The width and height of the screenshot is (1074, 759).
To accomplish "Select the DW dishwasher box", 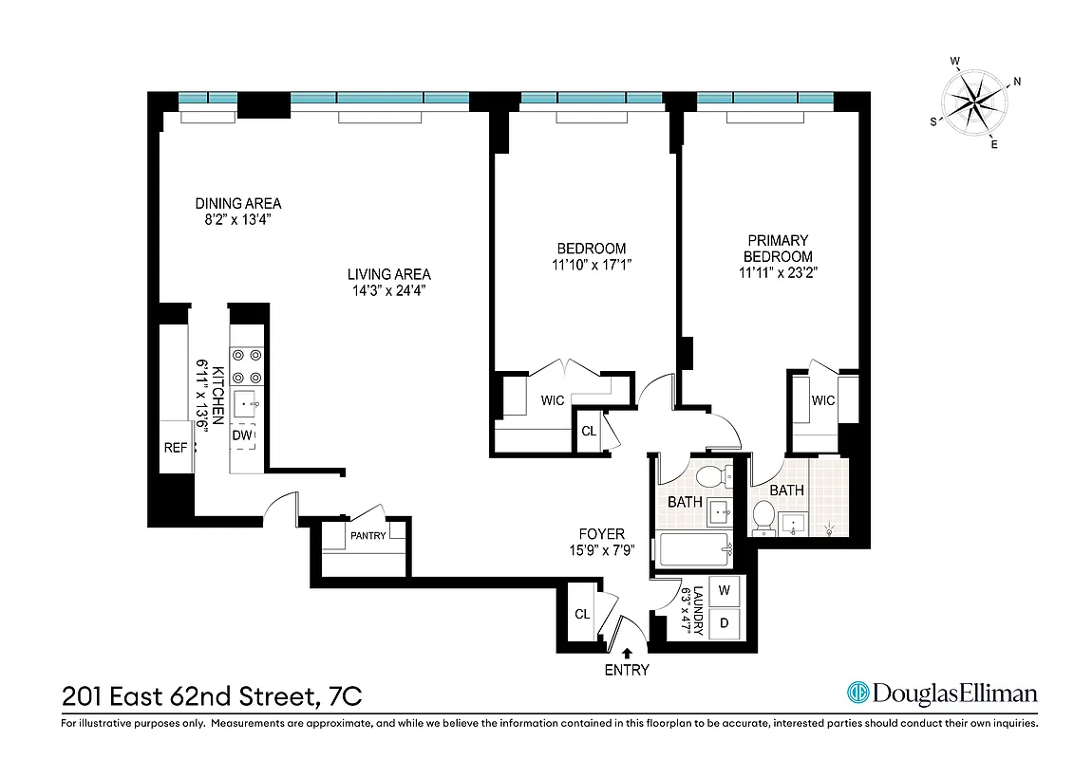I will [x=243, y=435].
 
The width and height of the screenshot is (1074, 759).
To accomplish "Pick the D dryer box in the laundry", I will [x=725, y=623].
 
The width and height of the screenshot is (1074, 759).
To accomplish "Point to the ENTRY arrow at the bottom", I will [x=627, y=653].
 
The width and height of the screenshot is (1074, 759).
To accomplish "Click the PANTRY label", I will [x=367, y=536].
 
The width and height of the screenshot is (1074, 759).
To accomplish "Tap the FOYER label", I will [x=601, y=534].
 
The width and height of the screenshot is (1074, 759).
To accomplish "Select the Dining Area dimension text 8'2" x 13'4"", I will [x=237, y=220].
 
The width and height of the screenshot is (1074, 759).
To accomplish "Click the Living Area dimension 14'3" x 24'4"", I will [x=388, y=291].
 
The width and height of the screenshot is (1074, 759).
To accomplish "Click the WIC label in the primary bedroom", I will [x=822, y=400].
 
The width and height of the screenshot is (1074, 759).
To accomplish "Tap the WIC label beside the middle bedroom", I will [x=553, y=400].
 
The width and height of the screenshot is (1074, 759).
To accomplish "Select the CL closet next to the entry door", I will [x=582, y=614].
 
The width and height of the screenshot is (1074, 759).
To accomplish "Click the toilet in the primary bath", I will [x=763, y=517].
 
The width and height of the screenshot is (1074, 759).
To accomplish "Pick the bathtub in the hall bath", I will [x=692, y=549].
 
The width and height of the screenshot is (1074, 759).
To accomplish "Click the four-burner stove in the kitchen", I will [x=247, y=364].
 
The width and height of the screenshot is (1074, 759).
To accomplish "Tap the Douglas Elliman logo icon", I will [x=858, y=694].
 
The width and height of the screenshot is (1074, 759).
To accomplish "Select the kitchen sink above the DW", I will [x=248, y=403].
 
